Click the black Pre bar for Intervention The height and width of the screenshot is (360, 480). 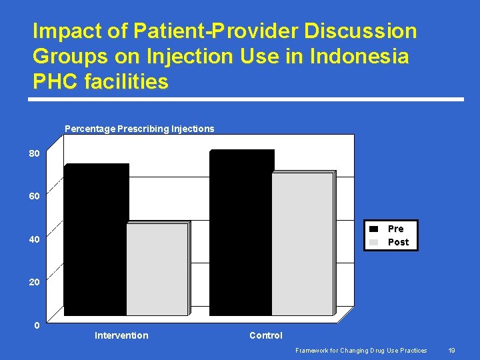pyautogui.click(x=96, y=240)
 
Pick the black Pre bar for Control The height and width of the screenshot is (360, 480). pyautogui.click(x=241, y=233)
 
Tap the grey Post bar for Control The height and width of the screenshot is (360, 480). pyautogui.click(x=302, y=244)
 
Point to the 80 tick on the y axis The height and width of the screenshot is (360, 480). pyautogui.click(x=34, y=153)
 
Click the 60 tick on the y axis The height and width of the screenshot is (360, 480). pyautogui.click(x=34, y=196)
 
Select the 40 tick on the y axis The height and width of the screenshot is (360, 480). pyautogui.click(x=34, y=239)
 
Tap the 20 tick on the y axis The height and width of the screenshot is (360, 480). pyautogui.click(x=34, y=282)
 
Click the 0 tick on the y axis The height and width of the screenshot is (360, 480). pyautogui.click(x=37, y=325)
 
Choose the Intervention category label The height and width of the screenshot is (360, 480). pyautogui.click(x=121, y=335)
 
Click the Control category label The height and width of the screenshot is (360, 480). pyautogui.click(x=266, y=335)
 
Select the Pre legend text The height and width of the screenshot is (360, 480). pyautogui.click(x=396, y=229)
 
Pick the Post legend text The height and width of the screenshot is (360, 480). pyautogui.click(x=398, y=242)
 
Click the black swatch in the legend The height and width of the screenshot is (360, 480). pyautogui.click(x=374, y=229)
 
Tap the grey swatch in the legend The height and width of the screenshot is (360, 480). pyautogui.click(x=374, y=242)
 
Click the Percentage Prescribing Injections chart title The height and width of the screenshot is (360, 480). pyautogui.click(x=139, y=129)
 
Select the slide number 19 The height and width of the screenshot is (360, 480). pyautogui.click(x=451, y=350)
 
